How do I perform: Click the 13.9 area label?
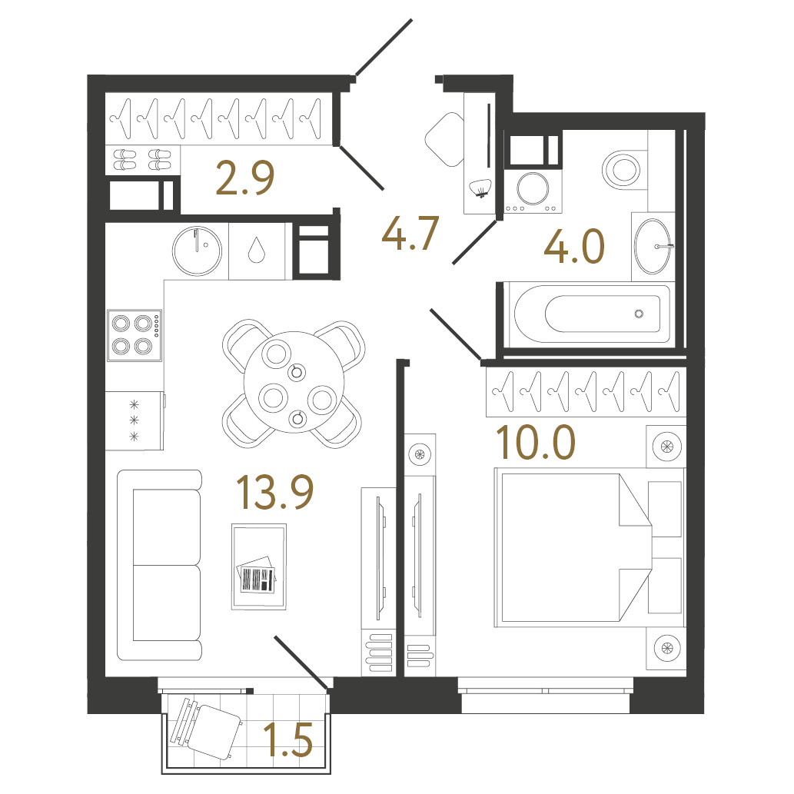pyautogui.click(x=275, y=492)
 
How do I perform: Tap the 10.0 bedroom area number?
pyautogui.click(x=536, y=442)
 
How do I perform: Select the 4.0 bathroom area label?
pyautogui.click(x=574, y=246)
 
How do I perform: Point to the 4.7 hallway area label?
pyautogui.click(x=410, y=234)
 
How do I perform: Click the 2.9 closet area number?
pyautogui.click(x=245, y=178)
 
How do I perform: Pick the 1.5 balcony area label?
pyautogui.click(x=289, y=740)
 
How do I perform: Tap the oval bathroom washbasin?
pyautogui.click(x=653, y=247)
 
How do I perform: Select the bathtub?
pyautogui.click(x=590, y=314)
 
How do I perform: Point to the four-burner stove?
pyautogui.click(x=135, y=335)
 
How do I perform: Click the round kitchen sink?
pyautogui.click(x=197, y=251)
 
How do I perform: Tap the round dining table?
pyautogui.click(x=294, y=382)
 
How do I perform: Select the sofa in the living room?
pyautogui.click(x=160, y=565)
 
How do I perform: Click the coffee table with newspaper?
pyautogui.click(x=259, y=566)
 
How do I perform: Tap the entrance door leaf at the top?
pyautogui.click(x=384, y=48)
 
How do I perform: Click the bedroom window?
pyautogui.click(x=546, y=691)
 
